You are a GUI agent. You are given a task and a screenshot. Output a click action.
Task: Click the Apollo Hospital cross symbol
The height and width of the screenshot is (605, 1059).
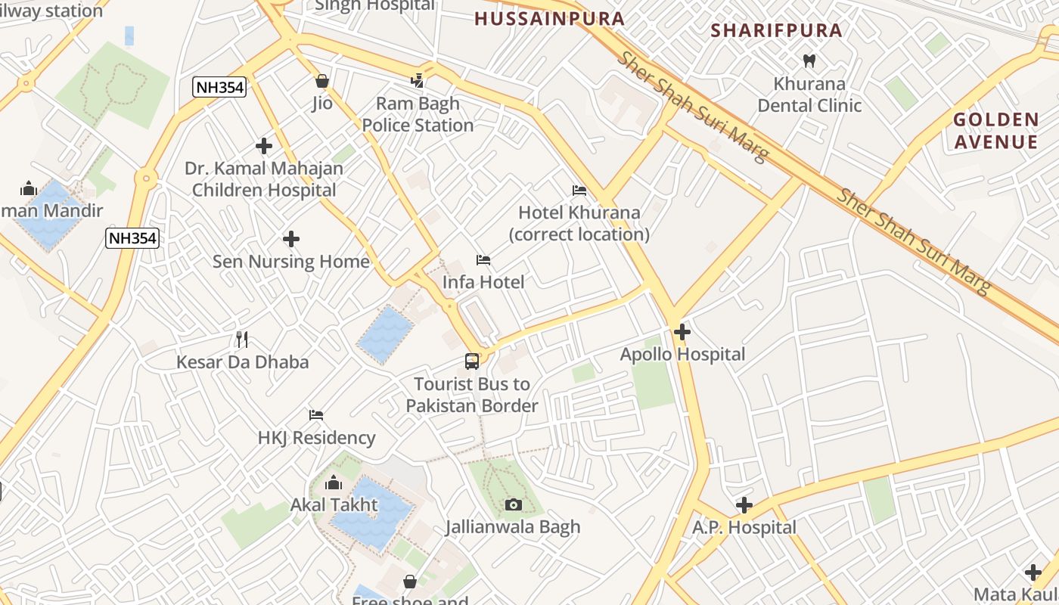click(x=682, y=331)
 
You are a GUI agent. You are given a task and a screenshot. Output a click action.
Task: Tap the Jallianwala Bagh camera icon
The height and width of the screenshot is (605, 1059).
click(x=514, y=504)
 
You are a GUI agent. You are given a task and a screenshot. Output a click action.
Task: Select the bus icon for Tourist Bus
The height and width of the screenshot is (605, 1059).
click(x=472, y=361)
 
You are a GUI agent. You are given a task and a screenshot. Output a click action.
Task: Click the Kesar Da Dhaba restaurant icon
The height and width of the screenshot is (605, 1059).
click(x=242, y=339)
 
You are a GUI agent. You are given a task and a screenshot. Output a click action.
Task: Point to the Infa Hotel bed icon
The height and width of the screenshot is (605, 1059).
click(x=483, y=260)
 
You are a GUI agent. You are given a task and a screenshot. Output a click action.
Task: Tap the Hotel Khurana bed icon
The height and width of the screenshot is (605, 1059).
click(x=579, y=191)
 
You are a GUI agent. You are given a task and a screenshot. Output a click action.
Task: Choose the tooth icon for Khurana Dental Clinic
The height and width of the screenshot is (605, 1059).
click(x=809, y=60)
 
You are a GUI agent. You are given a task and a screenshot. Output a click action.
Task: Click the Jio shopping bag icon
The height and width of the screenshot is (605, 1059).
click(x=322, y=80)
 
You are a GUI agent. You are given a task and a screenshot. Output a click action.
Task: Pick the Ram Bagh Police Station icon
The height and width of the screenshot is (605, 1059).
click(x=418, y=80)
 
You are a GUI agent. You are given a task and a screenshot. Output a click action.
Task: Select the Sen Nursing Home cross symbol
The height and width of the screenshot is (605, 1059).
click(x=291, y=239)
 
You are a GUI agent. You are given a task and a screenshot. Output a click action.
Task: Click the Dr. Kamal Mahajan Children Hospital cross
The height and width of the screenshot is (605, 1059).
click(x=264, y=145)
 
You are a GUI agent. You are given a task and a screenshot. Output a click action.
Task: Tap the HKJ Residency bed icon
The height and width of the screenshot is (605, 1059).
click(x=316, y=414)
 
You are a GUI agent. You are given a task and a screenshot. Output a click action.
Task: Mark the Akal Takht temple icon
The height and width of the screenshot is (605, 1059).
click(x=334, y=482)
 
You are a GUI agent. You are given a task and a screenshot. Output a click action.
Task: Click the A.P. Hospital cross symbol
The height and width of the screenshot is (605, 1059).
click(x=744, y=504)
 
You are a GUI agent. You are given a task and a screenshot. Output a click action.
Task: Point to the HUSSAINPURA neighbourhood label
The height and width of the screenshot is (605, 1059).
click(x=550, y=19)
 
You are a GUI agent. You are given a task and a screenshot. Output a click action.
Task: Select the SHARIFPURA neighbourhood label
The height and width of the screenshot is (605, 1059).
click(x=777, y=30)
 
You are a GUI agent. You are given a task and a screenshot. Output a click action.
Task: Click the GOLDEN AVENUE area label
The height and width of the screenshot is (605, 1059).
click(x=995, y=131)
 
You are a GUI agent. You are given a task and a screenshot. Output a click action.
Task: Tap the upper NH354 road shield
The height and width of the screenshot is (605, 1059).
click(x=220, y=87)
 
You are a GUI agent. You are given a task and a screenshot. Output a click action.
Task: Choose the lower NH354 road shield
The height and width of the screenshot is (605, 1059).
click(x=132, y=238)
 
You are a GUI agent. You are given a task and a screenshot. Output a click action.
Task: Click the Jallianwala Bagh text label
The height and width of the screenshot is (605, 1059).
click(x=513, y=527)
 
